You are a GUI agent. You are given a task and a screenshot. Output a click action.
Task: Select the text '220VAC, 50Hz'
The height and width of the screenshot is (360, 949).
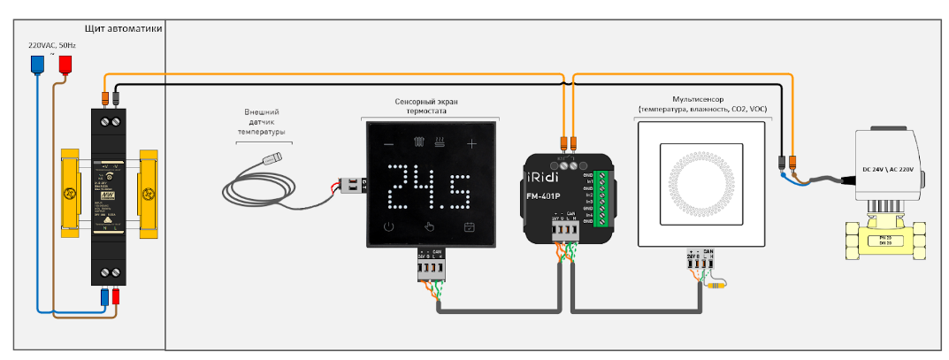click(51, 44)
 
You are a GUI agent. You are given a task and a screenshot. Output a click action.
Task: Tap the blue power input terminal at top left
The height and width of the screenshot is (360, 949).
click(38, 65)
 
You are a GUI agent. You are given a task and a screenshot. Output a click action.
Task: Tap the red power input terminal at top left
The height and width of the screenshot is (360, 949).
click(65, 65)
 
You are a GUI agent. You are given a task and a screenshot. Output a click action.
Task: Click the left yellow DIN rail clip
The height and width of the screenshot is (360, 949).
click(70, 192)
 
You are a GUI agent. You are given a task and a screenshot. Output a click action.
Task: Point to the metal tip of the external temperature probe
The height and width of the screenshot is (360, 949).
click(276, 160)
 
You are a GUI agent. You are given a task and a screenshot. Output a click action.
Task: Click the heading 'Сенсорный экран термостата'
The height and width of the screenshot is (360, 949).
click(426, 107)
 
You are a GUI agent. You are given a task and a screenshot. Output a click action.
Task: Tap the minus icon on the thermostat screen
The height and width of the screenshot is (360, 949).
click(387, 142)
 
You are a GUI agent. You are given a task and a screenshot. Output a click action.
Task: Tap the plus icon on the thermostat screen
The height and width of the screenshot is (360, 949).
click(471, 142)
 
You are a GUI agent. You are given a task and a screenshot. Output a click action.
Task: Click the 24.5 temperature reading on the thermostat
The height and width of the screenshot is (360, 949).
click(429, 185)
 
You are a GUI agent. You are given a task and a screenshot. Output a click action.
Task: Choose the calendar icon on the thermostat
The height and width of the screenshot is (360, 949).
click(471, 227)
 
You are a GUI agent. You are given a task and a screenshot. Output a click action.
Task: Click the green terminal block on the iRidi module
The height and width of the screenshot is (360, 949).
click(601, 203)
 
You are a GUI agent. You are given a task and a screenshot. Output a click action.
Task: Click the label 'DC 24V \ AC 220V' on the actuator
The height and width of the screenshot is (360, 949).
click(893, 168)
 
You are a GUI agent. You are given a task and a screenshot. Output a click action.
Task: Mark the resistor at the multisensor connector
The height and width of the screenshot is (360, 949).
click(717, 285)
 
